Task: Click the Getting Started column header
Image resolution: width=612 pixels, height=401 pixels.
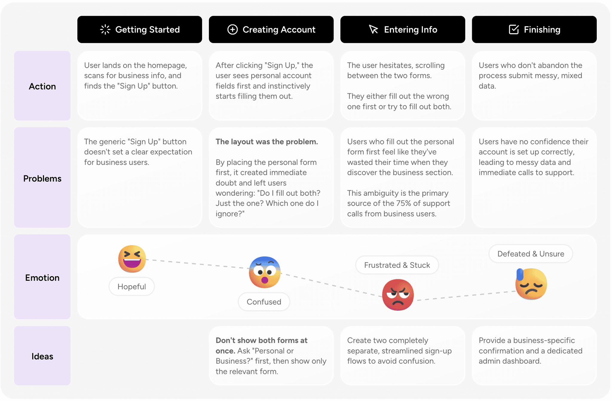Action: click(x=140, y=29)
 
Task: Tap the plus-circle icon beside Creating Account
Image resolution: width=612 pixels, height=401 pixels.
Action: click(x=232, y=29)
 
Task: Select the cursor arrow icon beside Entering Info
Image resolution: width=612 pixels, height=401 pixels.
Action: click(x=374, y=29)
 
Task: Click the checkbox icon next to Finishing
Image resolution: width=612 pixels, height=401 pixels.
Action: click(x=514, y=29)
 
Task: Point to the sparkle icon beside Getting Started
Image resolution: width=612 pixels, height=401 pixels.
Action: click(x=105, y=29)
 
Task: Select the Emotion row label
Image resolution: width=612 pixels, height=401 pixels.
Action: click(x=42, y=277)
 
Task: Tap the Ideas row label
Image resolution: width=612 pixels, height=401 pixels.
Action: click(x=42, y=356)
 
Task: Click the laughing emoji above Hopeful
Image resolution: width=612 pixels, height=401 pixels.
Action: click(x=132, y=259)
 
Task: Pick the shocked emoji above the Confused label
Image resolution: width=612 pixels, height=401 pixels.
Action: click(x=265, y=272)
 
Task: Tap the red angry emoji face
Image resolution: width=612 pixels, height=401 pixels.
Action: click(x=398, y=295)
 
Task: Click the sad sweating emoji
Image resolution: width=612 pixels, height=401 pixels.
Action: click(x=531, y=284)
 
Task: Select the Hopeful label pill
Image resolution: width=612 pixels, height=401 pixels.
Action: click(x=132, y=287)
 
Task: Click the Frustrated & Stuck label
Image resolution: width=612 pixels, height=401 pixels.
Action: click(x=397, y=265)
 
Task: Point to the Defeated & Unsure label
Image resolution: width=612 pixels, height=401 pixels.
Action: click(x=531, y=254)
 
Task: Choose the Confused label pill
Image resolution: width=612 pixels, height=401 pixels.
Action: click(x=264, y=302)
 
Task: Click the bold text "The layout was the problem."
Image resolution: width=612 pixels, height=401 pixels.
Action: click(x=267, y=142)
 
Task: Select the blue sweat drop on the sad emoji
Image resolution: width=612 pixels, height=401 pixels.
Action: click(x=520, y=274)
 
